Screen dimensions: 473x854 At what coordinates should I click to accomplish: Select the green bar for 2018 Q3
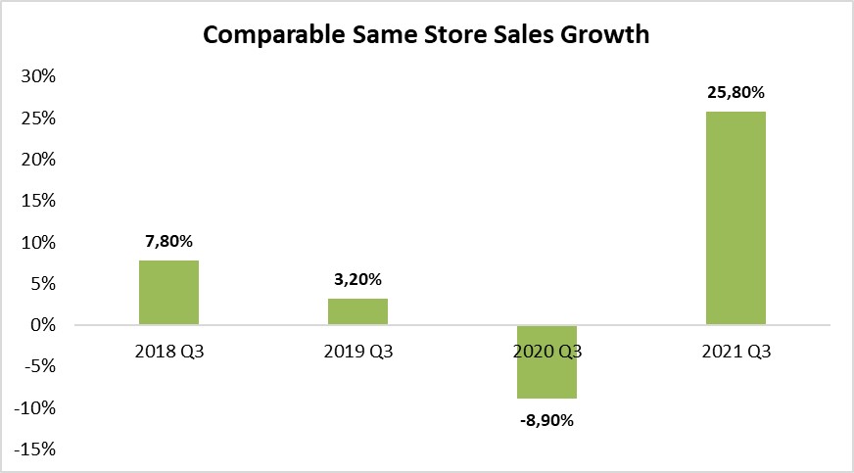[168, 292]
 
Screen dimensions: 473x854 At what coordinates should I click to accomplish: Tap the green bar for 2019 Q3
[357, 311]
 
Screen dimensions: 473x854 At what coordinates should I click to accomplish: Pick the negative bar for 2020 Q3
[546, 361]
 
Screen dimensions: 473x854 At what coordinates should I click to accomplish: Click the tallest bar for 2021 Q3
[735, 217]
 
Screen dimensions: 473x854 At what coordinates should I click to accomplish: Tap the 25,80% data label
[735, 93]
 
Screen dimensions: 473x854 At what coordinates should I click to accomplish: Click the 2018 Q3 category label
[168, 352]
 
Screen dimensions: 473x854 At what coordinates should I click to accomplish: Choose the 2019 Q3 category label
[357, 352]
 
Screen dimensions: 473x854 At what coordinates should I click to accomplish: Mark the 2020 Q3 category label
[546, 352]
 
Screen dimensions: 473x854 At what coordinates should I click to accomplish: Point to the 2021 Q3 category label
[735, 352]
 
